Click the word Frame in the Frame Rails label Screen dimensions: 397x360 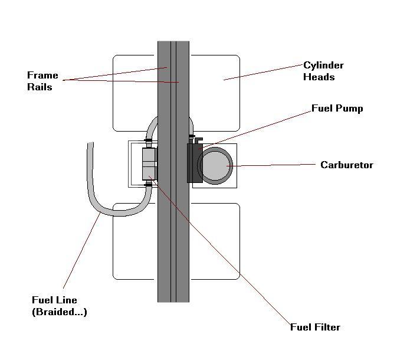coord(42,75)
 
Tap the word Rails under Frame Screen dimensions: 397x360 coord(40,87)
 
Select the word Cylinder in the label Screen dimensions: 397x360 coord(324,66)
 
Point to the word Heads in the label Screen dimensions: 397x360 coord(319,77)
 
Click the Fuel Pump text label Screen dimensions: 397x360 coord(337,109)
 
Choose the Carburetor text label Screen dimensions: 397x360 coord(347,165)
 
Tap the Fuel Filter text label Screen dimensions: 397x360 coord(315,327)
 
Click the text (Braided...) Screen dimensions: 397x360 coord(60,312)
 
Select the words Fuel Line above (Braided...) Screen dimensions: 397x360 coord(54,300)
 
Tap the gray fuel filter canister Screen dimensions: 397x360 coord(149,164)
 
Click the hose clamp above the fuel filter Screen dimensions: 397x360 coord(149,140)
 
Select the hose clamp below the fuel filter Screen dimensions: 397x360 coord(149,185)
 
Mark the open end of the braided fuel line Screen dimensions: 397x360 coord(90,143)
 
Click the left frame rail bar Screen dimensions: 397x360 coord(164,172)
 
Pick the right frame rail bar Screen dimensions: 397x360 coord(182,172)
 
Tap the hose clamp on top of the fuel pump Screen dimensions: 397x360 coord(192,136)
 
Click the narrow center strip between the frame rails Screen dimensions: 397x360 coord(173,172)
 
